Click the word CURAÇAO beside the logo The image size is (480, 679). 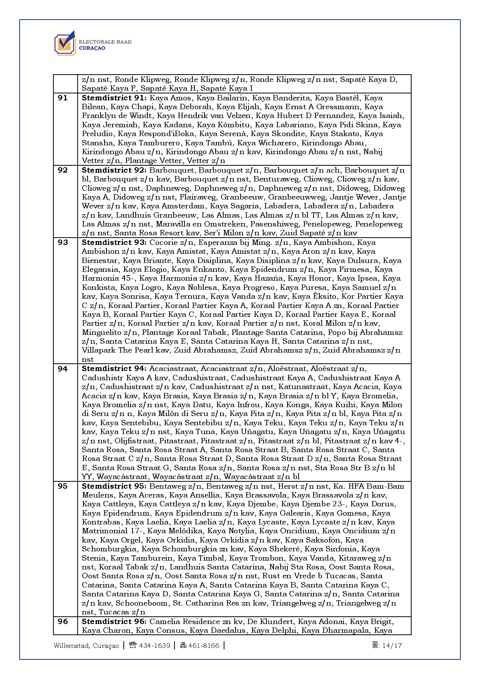[x=92, y=48]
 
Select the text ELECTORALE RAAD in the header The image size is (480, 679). [x=105, y=42]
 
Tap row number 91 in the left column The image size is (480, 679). [x=63, y=98]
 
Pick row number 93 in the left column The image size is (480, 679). [x=63, y=243]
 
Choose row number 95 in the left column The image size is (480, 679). [x=63, y=486]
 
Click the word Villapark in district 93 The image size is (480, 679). [x=98, y=350]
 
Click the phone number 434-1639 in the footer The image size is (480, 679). [x=154, y=646]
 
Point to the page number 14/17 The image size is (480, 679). [x=392, y=646]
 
